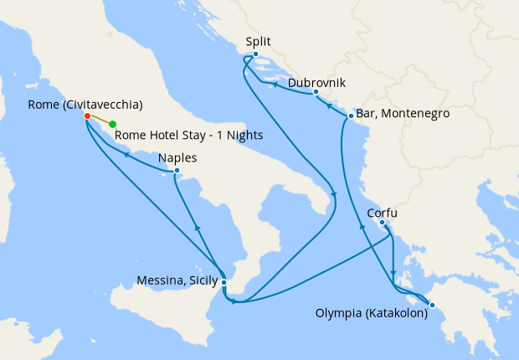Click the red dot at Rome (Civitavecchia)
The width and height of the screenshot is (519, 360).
coord(87,116)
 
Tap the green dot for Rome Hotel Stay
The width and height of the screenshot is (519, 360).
coord(113,125)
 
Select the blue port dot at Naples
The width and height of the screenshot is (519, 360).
coord(177,172)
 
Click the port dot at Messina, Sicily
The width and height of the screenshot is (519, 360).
coord(224,282)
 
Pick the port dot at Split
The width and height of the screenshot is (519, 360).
coord(255,54)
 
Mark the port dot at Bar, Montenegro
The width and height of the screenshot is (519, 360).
coord(349,116)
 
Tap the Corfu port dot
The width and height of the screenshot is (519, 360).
coord(382,223)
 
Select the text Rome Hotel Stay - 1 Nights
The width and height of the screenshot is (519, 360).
coord(188,135)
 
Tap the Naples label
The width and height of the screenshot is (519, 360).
coord(177,157)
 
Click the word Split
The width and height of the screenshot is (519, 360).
coord(259,40)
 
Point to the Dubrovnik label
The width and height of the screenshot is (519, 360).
coord(316,83)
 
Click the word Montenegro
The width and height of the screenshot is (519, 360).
coord(414,113)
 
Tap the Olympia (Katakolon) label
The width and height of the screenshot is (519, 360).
coord(372,316)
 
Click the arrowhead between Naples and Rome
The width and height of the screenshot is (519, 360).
coord(126,154)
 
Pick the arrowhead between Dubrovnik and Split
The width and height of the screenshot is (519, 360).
coord(274,85)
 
